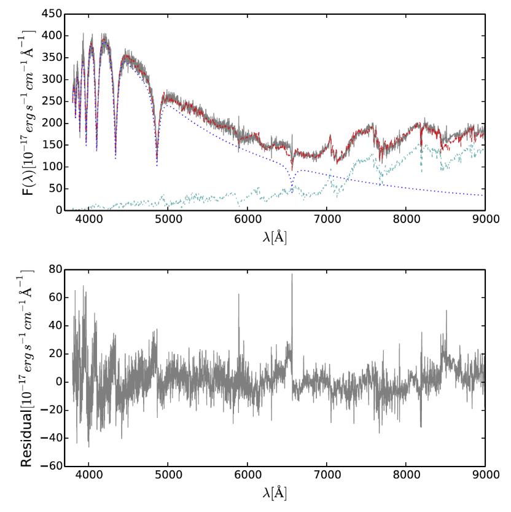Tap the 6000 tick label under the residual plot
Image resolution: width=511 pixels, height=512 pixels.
[x=247, y=476]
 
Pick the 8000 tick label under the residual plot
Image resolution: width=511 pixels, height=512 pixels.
[x=405, y=476]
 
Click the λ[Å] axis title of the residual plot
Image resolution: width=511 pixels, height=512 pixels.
[x=273, y=493]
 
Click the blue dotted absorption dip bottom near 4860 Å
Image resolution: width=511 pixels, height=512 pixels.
[x=157, y=165]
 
